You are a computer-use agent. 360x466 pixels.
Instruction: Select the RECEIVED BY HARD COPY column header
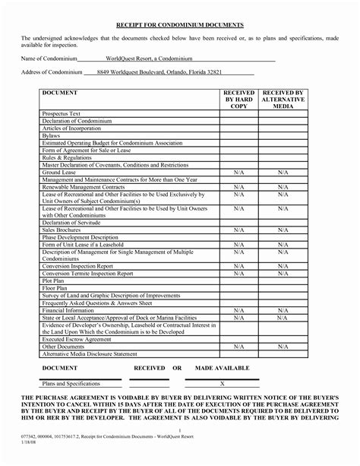coord(238,99)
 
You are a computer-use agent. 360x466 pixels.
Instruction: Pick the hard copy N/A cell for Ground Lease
coord(238,172)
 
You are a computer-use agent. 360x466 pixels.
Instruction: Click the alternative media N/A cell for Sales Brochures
coord(283,229)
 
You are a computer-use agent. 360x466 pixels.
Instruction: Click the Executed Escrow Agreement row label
coord(77,338)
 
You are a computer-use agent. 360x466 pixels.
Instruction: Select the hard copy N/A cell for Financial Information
coord(238,309)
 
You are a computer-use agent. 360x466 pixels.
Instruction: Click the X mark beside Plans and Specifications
coord(222,384)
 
